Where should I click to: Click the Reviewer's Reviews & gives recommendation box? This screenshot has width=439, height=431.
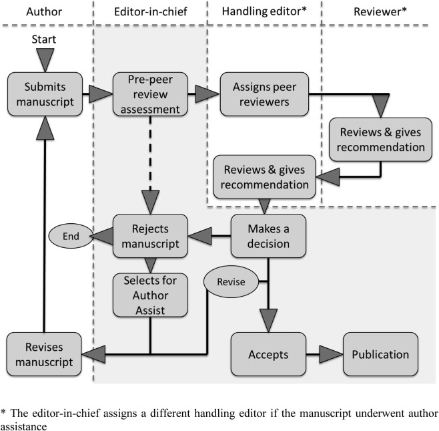coord(382,139)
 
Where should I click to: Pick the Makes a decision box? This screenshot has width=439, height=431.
coord(269,235)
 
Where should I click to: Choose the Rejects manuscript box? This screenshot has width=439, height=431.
coord(147,235)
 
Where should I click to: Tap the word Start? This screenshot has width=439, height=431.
coord(45,39)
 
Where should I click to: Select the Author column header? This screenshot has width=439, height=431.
coord(43,13)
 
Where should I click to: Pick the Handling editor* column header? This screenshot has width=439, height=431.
coord(265,13)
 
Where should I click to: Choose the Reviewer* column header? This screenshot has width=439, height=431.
coord(380,13)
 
